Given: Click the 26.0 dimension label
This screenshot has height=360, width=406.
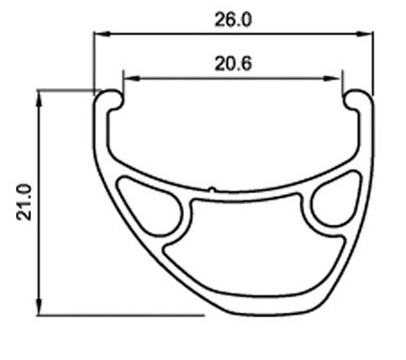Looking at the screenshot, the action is [x=233, y=20].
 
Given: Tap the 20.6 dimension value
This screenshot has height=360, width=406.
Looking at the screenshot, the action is [x=233, y=64].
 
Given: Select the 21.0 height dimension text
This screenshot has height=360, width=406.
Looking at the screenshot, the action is [x=24, y=202].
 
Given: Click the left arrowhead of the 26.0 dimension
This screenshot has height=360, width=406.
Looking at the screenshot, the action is [x=102, y=34].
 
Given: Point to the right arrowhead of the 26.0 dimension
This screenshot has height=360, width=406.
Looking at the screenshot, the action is [x=365, y=34].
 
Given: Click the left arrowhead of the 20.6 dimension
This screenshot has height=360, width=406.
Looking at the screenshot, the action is [x=132, y=78].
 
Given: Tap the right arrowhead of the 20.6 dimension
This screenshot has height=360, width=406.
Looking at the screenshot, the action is [x=334, y=78].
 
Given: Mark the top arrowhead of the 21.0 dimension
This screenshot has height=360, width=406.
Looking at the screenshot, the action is [x=39, y=98].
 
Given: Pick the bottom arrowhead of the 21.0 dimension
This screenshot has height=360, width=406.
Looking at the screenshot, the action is [x=39, y=307].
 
